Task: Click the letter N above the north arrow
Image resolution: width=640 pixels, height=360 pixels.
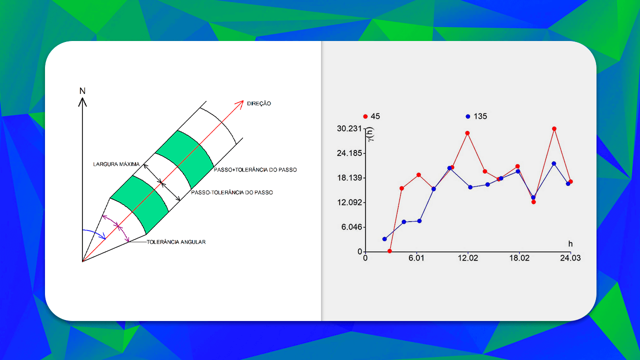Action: [82, 91]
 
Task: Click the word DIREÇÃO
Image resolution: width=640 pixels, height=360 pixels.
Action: [259, 103]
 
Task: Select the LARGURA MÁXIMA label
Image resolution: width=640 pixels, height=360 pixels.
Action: [115, 164]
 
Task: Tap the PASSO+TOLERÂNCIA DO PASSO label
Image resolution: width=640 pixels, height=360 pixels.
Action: [255, 170]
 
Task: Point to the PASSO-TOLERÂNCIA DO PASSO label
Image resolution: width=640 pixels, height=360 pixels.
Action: [231, 192]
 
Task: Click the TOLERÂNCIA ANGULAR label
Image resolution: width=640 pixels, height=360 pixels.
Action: [176, 242]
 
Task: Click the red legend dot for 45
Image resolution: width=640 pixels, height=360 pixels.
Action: [365, 116]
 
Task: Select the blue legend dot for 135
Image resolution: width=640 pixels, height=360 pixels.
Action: [468, 116]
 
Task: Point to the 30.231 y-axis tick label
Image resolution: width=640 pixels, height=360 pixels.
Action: [349, 128]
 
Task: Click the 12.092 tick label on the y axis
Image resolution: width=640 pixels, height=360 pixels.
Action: [349, 202]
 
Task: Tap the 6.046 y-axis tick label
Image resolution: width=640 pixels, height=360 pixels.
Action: [351, 227]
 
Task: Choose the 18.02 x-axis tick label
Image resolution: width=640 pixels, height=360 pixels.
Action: [518, 258]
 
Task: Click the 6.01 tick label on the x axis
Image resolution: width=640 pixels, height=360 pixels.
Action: [416, 258]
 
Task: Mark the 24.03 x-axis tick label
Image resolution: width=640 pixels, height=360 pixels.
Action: [570, 258]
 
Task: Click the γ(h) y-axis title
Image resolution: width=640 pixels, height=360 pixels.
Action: [370, 134]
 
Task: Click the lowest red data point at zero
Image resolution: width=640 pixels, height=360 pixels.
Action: [389, 251]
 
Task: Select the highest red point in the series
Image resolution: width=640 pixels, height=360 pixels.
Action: [554, 128]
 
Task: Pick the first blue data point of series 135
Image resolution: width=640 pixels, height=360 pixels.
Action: [384, 239]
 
